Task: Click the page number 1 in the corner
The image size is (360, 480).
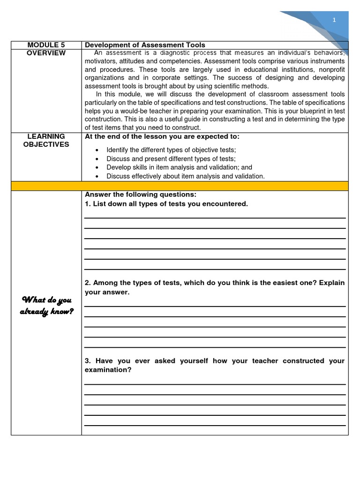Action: point(334,20)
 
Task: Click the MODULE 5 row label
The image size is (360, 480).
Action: point(46,45)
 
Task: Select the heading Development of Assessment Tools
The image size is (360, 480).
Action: point(145,45)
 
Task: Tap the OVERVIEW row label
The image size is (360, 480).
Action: point(46,53)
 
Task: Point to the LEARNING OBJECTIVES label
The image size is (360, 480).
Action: point(46,140)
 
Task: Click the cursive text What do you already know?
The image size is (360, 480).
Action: point(46,306)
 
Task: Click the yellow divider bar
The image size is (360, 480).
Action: point(180,186)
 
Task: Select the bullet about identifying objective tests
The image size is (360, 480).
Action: point(171,150)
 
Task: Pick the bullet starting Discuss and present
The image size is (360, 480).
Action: point(171,159)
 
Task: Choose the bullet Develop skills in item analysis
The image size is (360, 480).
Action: point(179,167)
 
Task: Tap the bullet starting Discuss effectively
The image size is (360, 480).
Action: point(185,176)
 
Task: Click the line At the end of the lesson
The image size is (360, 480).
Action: point(162,136)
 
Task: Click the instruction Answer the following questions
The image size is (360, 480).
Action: point(141,195)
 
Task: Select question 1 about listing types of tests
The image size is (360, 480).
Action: point(166,203)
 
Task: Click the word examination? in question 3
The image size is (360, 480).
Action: point(108,370)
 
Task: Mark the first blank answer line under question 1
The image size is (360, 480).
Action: point(215,217)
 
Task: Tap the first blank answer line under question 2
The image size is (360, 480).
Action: point(215,306)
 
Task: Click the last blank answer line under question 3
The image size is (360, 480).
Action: point(215,425)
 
